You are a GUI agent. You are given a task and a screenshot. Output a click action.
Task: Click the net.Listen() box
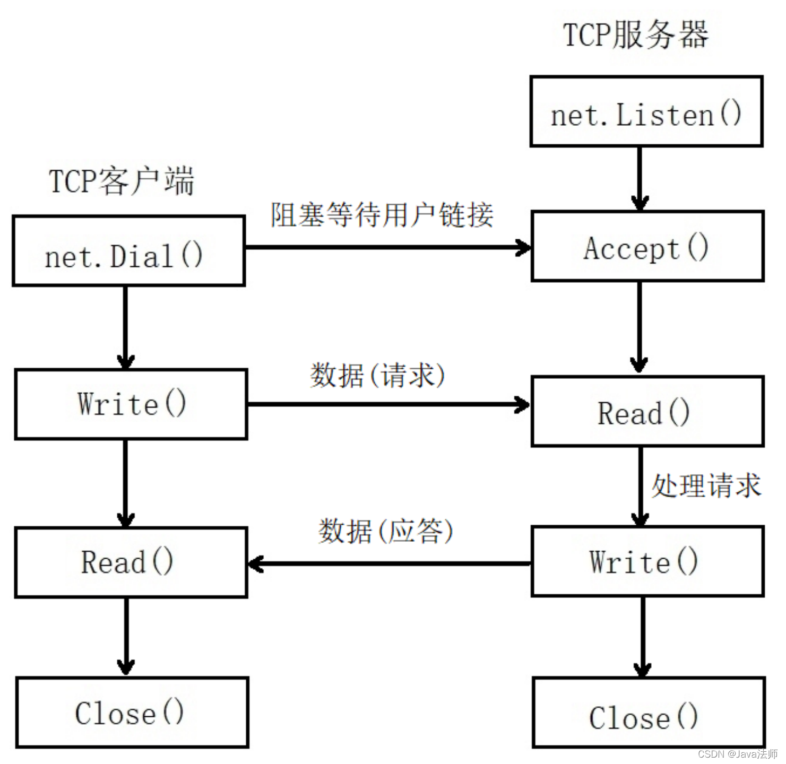coord(646,111)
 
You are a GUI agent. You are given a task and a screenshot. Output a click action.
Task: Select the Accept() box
coord(647,246)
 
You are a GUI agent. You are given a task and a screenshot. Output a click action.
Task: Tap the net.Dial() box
coord(128,251)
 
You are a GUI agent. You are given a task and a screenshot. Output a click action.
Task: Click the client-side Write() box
coord(131,404)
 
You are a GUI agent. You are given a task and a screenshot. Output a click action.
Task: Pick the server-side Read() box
coord(647,411)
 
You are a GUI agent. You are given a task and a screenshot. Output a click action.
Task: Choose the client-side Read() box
coord(131,562)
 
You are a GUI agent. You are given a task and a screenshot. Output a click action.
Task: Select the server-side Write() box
coord(647,561)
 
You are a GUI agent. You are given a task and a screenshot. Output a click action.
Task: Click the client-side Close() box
coord(132,712)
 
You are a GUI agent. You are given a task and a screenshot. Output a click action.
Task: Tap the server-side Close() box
coord(648,712)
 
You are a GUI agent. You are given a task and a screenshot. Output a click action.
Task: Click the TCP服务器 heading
coord(635,34)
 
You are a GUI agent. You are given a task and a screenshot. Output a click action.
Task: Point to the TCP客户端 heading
coord(122,181)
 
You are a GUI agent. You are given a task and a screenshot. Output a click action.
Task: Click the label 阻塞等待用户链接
coord(382,215)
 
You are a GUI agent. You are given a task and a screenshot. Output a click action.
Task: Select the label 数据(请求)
coord(377,376)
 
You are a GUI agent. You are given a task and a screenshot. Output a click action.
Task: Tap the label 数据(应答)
coord(385,531)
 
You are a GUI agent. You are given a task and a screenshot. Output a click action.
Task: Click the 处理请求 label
coord(706,485)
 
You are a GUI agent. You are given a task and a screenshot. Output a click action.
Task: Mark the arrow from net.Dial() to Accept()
coord(387,247)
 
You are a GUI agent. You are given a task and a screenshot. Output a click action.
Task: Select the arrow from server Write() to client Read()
coord(388,563)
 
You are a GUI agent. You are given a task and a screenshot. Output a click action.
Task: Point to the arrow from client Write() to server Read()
coord(388,405)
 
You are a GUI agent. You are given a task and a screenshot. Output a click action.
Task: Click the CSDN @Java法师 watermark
coord(737,754)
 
